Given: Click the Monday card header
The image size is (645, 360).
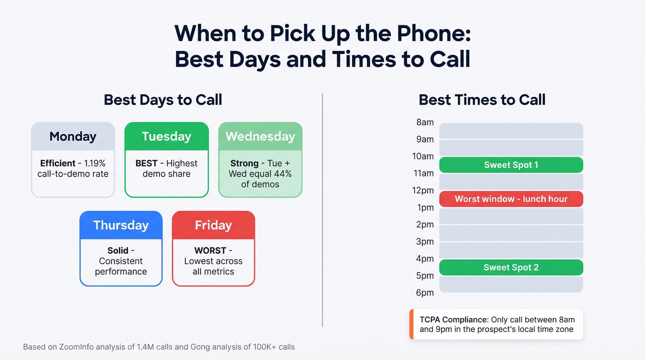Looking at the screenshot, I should (x=73, y=136).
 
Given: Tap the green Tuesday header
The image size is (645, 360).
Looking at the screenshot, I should (x=166, y=136).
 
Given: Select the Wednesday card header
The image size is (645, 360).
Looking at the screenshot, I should (x=260, y=136).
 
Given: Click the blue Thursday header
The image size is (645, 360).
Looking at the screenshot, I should (x=121, y=225).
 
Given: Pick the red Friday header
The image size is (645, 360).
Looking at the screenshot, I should (x=213, y=225).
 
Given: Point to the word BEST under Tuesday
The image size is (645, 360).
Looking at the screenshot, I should (x=146, y=163).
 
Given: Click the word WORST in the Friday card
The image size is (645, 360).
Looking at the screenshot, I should (x=210, y=251).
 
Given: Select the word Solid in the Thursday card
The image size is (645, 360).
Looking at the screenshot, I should (x=118, y=251).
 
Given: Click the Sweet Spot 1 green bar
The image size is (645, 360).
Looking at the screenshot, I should (x=511, y=165).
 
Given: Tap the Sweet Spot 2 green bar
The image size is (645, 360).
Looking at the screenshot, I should (x=511, y=267).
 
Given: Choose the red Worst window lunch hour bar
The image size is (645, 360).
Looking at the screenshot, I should (x=511, y=199).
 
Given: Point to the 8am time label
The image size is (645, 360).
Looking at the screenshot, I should (x=425, y=122).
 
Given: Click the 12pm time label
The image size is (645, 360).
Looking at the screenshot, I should (x=423, y=190).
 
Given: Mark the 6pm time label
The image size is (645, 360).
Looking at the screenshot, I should (x=425, y=293).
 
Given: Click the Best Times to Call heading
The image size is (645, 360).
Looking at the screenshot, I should (x=482, y=100).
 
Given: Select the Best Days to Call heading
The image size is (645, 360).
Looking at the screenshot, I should (x=163, y=100).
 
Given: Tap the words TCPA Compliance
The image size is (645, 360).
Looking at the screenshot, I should (x=453, y=319).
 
